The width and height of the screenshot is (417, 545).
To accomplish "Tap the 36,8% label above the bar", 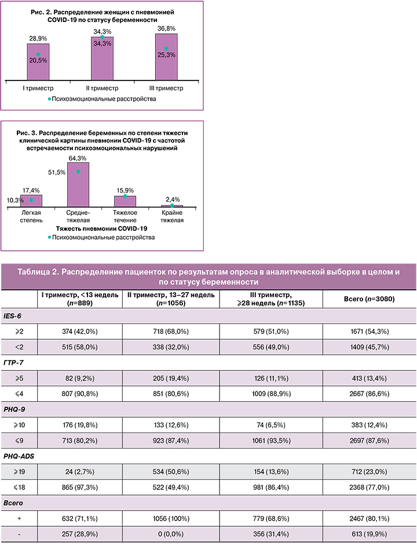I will point(166,28).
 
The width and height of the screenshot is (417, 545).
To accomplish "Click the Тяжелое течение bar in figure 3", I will point(125,201).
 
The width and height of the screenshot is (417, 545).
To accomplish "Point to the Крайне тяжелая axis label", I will point(171,217).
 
